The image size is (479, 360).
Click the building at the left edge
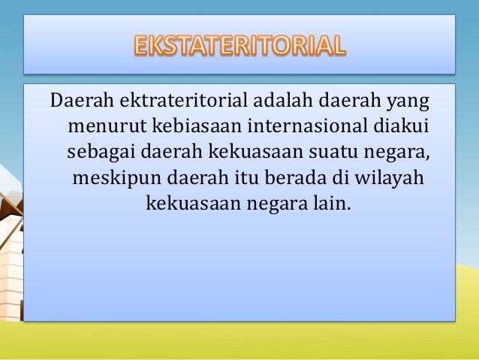coord(9,248)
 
